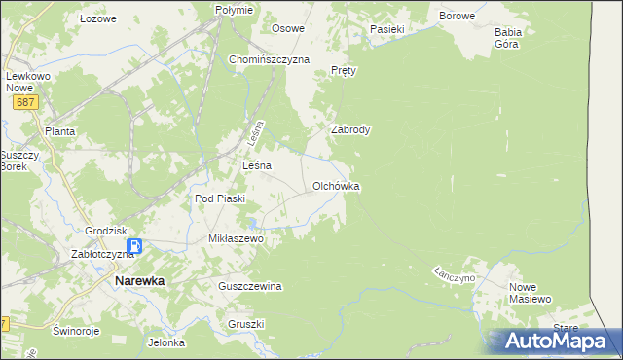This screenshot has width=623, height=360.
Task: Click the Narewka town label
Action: point(139,280)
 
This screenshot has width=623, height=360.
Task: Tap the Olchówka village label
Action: point(337,185)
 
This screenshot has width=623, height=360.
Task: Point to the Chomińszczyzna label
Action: point(269,59)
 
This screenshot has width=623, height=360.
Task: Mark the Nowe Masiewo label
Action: point(531,293)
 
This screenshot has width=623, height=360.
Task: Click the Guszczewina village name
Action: point(250,286)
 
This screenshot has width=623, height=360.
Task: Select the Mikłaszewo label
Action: point(237,237)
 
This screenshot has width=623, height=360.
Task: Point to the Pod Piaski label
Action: point(220,198)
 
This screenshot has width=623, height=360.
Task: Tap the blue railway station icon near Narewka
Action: point(137,247)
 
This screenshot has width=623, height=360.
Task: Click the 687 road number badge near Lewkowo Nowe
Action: point(24,101)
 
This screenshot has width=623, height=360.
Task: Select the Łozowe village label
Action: point(98,18)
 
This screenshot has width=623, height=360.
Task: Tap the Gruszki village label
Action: point(246,324)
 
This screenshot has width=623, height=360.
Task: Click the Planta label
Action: point(60,130)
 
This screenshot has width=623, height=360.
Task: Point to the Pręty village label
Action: point(345,71)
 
